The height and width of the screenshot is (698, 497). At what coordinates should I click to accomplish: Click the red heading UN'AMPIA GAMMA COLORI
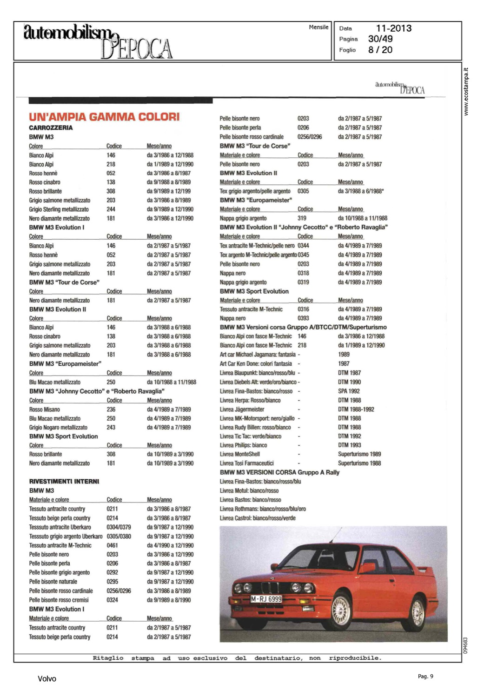point(104,117)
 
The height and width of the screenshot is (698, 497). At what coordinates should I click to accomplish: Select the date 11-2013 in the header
point(393,28)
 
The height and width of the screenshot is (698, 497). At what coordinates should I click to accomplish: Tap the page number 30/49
point(380,39)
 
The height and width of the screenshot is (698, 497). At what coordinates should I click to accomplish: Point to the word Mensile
point(318,27)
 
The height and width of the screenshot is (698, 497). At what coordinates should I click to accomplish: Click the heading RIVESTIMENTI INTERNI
point(64,481)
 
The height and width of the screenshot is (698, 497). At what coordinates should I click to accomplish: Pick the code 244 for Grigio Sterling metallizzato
point(111,209)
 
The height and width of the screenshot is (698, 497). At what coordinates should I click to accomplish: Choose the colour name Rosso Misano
point(45,409)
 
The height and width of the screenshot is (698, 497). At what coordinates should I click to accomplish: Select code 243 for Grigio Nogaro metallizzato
point(111,427)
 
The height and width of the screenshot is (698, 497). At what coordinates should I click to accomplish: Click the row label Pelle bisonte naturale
point(53,582)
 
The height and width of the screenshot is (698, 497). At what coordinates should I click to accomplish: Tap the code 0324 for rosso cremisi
point(112,600)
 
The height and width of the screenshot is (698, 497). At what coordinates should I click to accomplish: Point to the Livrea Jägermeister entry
point(242,409)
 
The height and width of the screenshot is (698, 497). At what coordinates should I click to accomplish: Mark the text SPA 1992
point(349,391)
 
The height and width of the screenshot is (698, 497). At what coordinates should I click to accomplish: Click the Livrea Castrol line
point(258,518)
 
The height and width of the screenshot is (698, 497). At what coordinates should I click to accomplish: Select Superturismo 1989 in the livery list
point(359,454)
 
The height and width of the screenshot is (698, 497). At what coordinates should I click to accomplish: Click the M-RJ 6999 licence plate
point(266,599)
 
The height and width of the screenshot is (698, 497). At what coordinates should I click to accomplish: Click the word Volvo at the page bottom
point(47,678)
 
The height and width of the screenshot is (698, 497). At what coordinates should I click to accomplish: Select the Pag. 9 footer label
point(425,676)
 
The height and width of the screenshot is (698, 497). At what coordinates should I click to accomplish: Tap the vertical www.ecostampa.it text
point(466,92)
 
